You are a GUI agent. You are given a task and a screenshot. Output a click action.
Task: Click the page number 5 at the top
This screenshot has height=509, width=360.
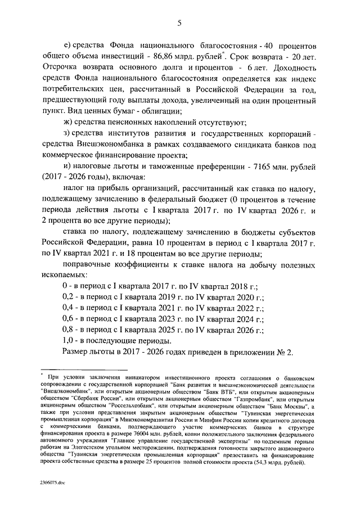coord(179,22)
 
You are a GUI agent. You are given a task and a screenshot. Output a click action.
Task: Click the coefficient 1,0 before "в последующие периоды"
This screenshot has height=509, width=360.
coord(67,340)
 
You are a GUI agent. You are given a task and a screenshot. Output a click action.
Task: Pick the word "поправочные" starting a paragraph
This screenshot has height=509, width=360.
coord(86,265)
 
